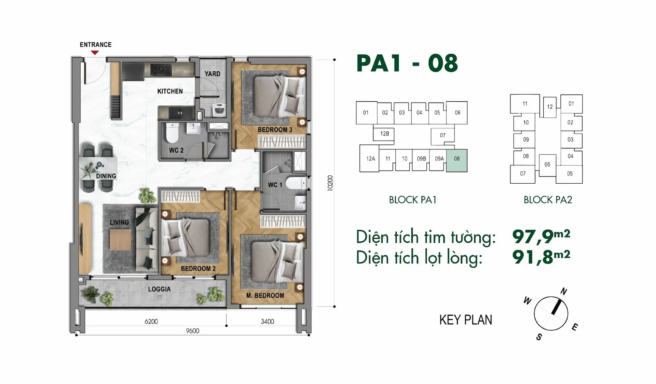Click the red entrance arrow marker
click(x=95, y=53)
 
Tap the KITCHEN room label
click(x=170, y=91)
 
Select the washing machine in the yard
click(x=219, y=110)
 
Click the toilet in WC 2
click(x=172, y=133)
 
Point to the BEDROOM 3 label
click(x=275, y=130)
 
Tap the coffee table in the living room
click(x=120, y=240)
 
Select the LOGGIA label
click(x=159, y=289)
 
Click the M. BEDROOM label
click(x=265, y=296)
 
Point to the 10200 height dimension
click(x=330, y=183)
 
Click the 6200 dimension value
click(x=151, y=322)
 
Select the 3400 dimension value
click(x=267, y=322)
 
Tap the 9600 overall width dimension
click(x=193, y=331)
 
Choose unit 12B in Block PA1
click(x=384, y=133)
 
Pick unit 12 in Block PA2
click(x=549, y=107)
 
